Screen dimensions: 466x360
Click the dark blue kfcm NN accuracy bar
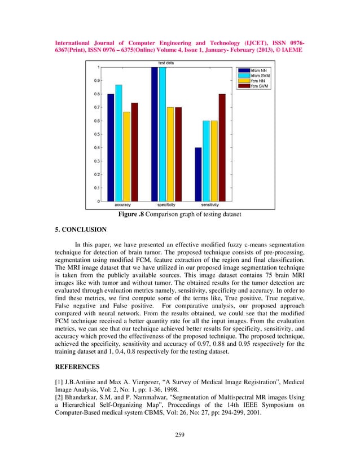pyautogui.click(x=111, y=148)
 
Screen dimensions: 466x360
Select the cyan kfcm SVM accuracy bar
pyautogui.click(x=118, y=143)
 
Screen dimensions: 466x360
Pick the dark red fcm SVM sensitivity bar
pyautogui.click(x=222, y=148)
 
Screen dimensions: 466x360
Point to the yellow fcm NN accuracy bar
pyautogui.click(x=126, y=156)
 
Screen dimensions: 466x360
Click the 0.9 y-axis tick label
pyautogui.click(x=97, y=81)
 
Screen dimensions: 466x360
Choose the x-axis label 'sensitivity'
pyautogui.click(x=210, y=205)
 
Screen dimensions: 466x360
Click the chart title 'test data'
pyautogui.click(x=166, y=63)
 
